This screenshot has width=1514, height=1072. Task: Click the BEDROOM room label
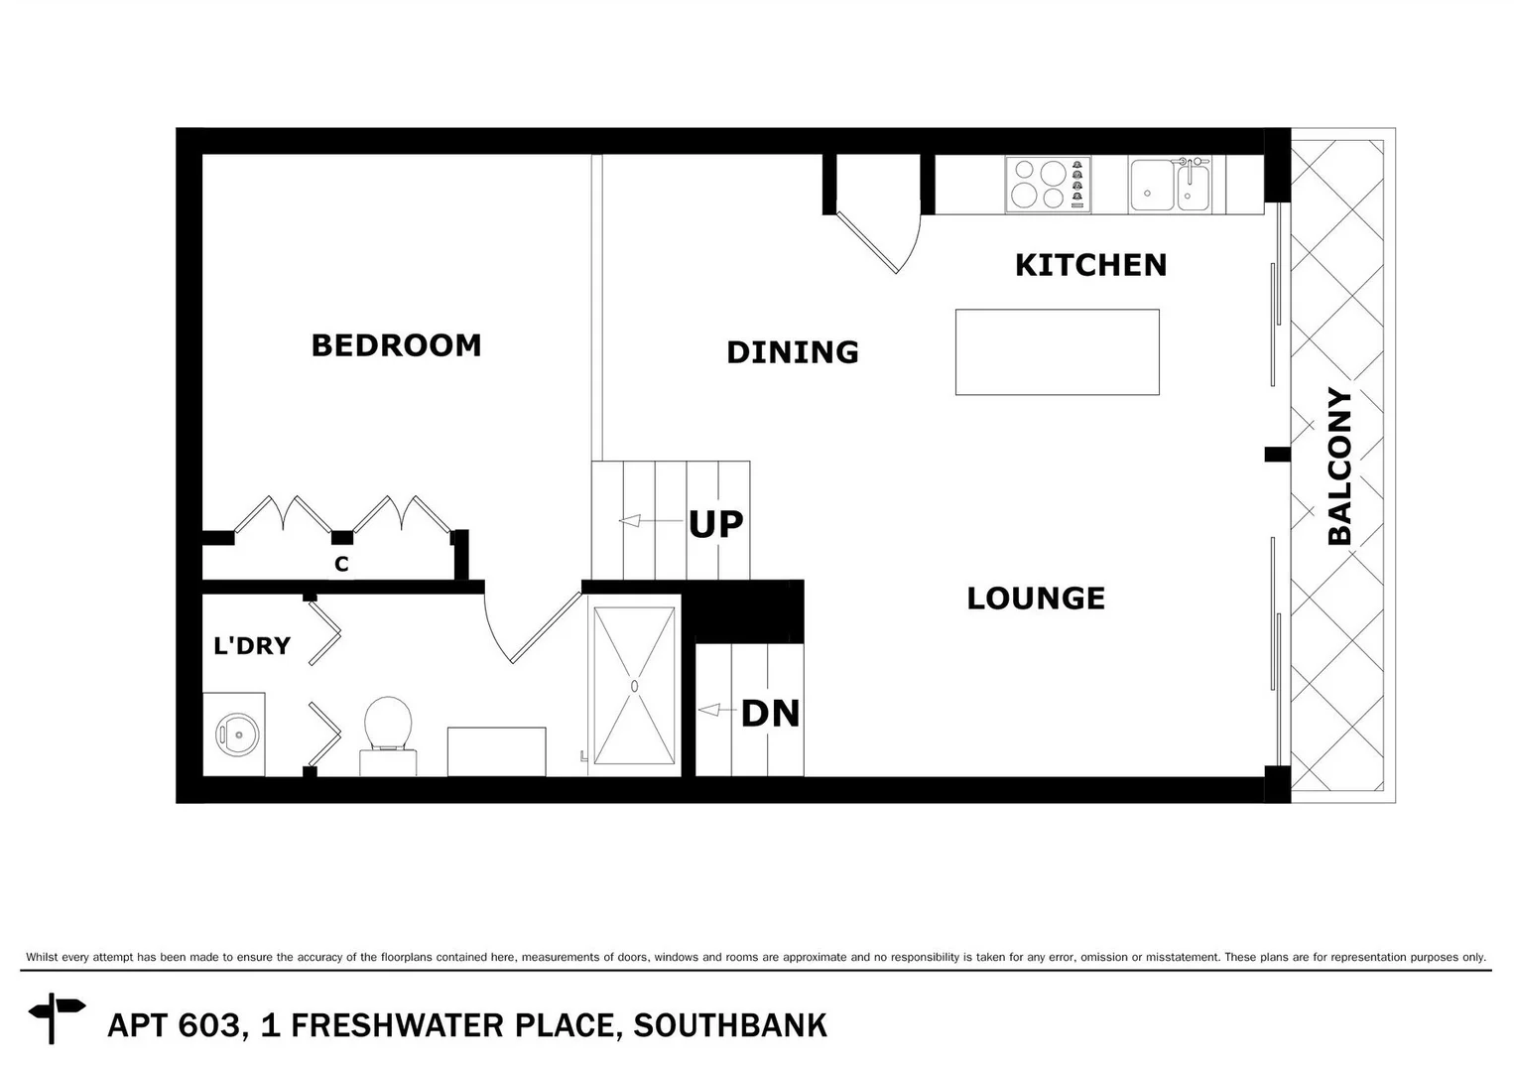[396, 345]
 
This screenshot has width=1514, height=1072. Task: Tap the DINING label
[792, 352]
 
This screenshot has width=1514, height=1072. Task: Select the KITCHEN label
[1090, 265]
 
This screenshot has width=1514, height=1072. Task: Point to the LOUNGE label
[1036, 599]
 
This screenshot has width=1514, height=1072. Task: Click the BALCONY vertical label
[1339, 467]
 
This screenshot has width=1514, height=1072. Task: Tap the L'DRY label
[252, 646]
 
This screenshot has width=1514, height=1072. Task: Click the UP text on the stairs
[715, 524]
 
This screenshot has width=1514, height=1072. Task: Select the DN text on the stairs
[770, 713]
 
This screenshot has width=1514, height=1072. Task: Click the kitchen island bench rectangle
[1057, 352]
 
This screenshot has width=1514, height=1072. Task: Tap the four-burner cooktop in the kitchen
[1048, 185]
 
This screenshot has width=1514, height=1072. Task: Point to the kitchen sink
[1170, 186]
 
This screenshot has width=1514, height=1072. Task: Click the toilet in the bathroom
[388, 730]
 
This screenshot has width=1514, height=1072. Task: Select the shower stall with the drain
[634, 685]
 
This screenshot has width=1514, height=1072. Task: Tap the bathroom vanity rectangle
[496, 751]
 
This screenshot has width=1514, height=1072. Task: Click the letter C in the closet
[341, 565]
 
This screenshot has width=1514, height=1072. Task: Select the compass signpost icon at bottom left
[56, 1015]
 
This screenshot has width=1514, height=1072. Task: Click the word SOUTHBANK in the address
[729, 1025]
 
